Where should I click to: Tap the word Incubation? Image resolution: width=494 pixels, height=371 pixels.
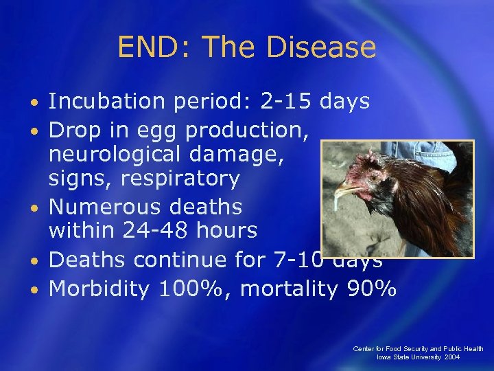coord(106,102)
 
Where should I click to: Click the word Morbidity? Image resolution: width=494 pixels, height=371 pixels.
coord(99,289)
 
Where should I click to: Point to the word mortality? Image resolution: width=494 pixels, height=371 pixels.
coord(289,289)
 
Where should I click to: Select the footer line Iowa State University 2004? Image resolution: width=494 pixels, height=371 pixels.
coord(418,358)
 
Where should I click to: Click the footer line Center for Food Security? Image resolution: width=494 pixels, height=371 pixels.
coord(418,349)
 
